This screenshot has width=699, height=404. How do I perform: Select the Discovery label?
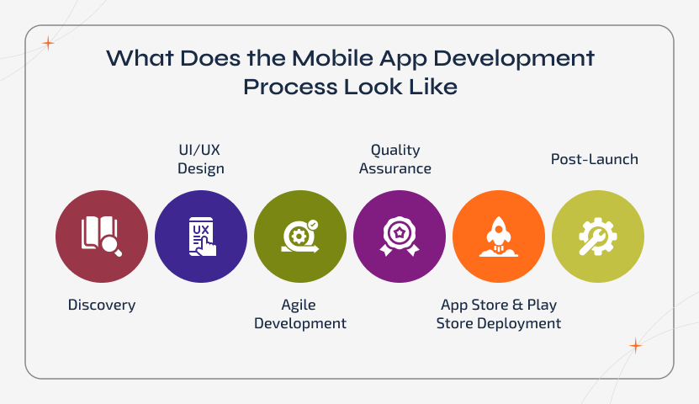coord(102,305)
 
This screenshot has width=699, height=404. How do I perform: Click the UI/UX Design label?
coord(201,159)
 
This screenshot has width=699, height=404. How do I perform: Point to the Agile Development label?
coord(300,314)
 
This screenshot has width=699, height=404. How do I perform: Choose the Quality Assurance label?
coord(395,159)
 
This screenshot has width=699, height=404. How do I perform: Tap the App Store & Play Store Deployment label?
coord(499,314)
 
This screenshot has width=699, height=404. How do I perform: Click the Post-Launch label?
coord(595,158)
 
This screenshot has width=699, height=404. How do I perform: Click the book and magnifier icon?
coord(101,236)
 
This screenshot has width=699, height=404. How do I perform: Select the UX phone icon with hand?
coord(202,237)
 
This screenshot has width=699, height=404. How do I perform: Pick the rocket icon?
coord(499,237)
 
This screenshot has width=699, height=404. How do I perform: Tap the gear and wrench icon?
coord(598,237)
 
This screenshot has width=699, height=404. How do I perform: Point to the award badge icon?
coord(400,237)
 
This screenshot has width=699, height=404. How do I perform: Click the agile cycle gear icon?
coord(300,237)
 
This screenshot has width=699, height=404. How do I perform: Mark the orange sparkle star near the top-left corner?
coord(49,42)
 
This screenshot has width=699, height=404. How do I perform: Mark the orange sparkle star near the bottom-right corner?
coord(636,346)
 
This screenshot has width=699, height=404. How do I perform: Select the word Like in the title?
coord(437,87)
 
